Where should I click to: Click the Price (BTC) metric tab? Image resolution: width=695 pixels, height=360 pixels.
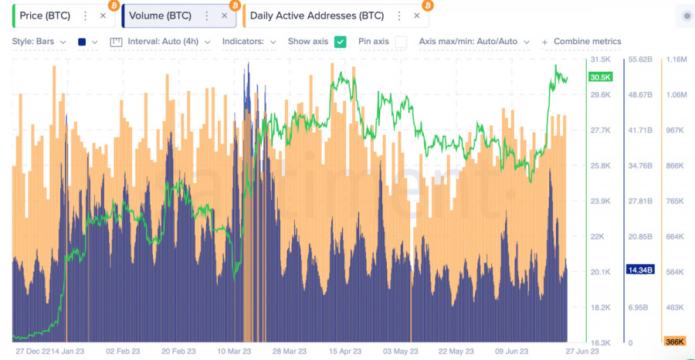45,15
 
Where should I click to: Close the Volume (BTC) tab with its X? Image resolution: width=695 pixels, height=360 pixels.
224,15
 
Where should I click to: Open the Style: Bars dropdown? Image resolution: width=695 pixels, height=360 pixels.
39,42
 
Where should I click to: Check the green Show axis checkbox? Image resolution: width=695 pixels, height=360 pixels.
340,42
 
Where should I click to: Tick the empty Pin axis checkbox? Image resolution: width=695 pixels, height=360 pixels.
401,42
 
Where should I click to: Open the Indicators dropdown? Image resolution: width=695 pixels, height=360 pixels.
249,42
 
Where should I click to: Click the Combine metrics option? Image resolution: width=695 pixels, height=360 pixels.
587,42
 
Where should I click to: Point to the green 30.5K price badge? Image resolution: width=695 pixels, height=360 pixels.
600,77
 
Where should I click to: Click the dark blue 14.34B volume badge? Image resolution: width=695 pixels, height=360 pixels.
640,270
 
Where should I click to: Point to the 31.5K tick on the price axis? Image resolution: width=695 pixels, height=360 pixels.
601,59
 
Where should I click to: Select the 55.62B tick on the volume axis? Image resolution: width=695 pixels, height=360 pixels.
641,59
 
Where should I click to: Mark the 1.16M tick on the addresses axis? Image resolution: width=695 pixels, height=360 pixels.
676,59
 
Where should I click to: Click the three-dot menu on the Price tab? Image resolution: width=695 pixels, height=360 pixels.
85,15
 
